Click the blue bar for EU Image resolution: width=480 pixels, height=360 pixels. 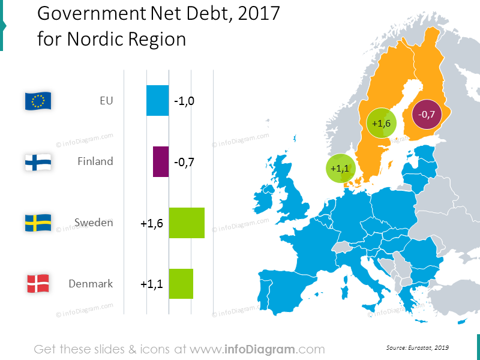tap(158, 100)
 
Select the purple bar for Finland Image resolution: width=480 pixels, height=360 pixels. tap(161, 161)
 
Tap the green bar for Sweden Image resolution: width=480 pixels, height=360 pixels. tap(187, 223)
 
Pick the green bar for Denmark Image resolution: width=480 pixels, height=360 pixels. tap(181, 284)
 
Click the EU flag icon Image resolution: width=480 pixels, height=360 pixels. tap(38, 101)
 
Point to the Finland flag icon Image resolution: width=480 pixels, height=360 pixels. tap(38, 162)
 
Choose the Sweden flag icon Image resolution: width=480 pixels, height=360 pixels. tap(38, 223)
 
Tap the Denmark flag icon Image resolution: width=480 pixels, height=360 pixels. tap(38, 284)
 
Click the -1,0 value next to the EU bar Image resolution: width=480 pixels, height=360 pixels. tap(184, 101)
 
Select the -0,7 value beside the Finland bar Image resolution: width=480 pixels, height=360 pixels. tap(184, 162)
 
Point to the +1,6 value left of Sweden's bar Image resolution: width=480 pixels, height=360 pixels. tap(152, 223)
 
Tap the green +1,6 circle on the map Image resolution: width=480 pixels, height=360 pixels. tap(382, 123)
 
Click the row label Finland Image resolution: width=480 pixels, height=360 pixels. tap(95, 161)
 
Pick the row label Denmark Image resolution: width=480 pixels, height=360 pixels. tap(91, 284)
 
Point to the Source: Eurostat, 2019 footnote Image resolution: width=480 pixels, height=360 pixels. tap(418, 347)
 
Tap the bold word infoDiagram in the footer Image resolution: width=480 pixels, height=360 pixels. tap(262, 349)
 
